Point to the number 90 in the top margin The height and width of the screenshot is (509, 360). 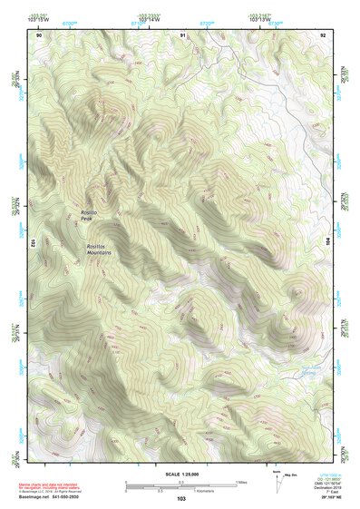[38, 34]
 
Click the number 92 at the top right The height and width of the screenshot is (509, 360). [323, 34]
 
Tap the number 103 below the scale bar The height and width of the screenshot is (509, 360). [181, 499]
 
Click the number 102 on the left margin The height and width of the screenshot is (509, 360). [31, 243]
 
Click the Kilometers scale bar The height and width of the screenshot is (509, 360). [172, 490]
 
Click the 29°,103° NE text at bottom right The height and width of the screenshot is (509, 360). [325, 499]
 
